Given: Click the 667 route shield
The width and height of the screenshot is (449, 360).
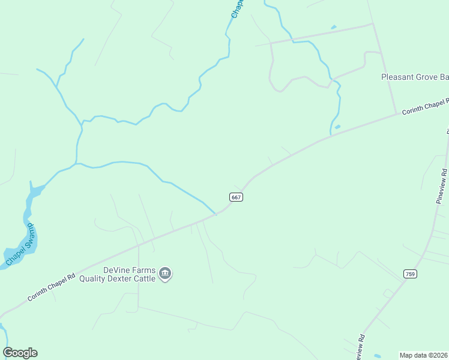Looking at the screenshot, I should pyautogui.click(x=237, y=197).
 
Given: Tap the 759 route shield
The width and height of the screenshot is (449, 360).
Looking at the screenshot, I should pyautogui.click(x=410, y=274).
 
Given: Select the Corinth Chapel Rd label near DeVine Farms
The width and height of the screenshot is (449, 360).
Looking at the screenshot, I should pyautogui.click(x=51, y=287).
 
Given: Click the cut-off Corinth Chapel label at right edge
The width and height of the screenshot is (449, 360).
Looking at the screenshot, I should pyautogui.click(x=425, y=106).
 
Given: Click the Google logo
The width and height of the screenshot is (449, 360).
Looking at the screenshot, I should pyautogui.click(x=20, y=353).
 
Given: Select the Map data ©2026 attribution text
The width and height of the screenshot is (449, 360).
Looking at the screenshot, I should pyautogui.click(x=424, y=355).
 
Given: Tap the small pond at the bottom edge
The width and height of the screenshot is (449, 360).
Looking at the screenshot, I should pyautogui.click(x=377, y=356).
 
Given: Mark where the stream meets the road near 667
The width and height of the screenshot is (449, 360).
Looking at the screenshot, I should pyautogui.click(x=216, y=213).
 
